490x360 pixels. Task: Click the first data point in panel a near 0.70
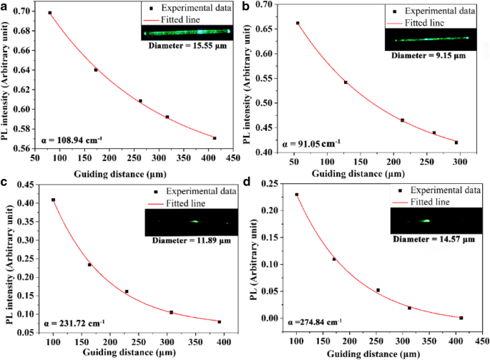point(50,13)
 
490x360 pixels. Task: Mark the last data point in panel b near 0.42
point(456,142)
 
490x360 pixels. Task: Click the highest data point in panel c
point(53,200)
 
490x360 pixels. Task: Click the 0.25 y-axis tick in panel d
point(273,184)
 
